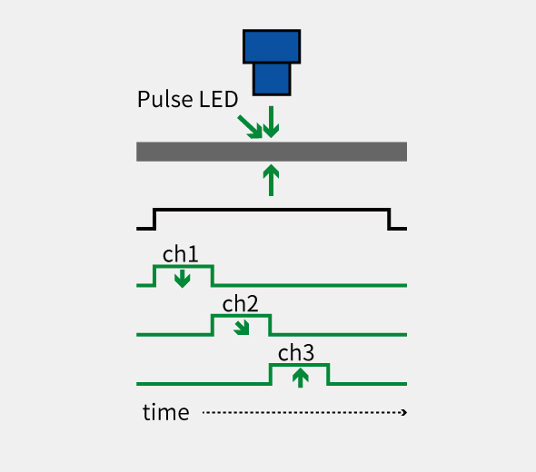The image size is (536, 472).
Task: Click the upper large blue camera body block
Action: (272, 46)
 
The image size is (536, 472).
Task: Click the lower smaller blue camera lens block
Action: (272, 79)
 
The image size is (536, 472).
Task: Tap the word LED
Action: (218, 99)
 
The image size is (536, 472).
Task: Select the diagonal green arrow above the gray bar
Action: (250, 127)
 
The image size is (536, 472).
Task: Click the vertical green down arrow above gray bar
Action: (271, 122)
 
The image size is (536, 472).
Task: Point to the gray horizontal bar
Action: (272, 152)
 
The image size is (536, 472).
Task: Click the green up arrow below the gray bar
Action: (271, 180)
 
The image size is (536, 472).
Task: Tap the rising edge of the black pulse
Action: (154, 219)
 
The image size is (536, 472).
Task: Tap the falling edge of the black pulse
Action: (389, 219)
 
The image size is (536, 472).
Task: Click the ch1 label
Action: (180, 254)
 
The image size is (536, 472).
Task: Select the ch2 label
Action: (240, 303)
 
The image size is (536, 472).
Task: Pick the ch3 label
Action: (296, 352)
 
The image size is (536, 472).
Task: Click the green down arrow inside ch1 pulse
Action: (183, 279)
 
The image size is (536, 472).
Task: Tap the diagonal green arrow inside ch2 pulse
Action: (242, 328)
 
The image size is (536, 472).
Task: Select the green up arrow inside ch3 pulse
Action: (301, 378)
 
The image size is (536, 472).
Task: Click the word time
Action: (165, 412)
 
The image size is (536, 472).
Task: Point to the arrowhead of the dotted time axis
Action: (404, 413)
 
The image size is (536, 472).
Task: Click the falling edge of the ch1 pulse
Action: (213, 275)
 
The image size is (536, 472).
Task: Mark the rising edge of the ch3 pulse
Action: (271, 374)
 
